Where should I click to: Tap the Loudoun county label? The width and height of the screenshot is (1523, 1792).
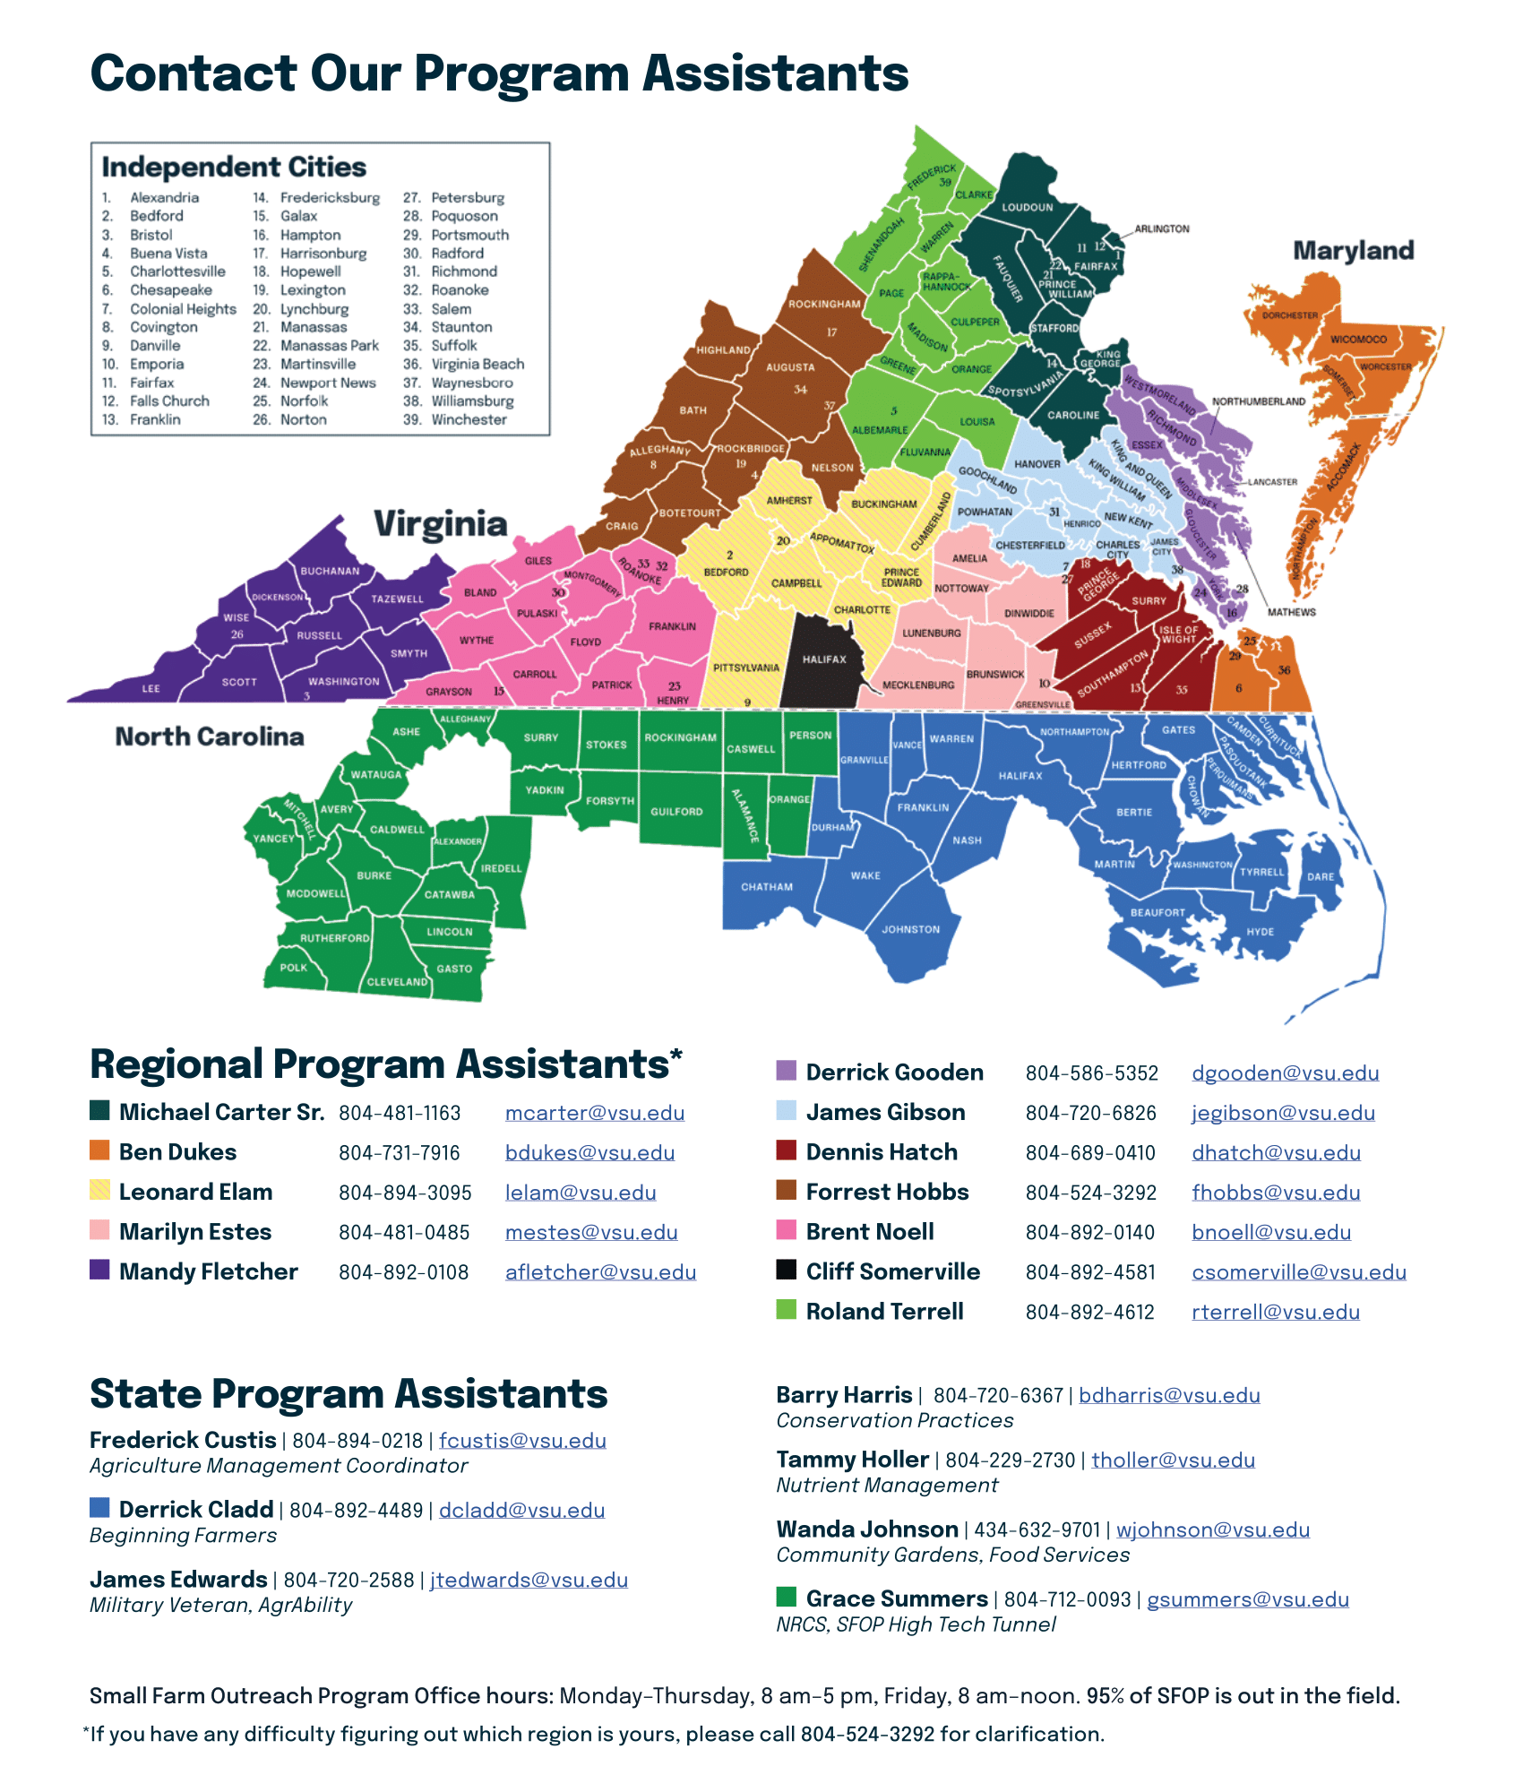click(x=1027, y=207)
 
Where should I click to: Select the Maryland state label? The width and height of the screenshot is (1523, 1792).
click(x=1353, y=251)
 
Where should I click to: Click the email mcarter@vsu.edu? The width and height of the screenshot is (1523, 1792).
click(x=594, y=1113)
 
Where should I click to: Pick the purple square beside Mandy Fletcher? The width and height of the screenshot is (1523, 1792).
click(x=99, y=1270)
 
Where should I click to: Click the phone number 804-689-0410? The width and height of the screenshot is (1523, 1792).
click(x=1090, y=1153)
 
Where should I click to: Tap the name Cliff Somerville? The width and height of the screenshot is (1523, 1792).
click(x=892, y=1271)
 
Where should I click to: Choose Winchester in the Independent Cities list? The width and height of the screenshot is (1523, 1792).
click(x=469, y=419)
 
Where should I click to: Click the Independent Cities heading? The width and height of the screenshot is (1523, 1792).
click(x=234, y=168)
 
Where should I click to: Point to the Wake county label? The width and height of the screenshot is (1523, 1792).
click(x=865, y=875)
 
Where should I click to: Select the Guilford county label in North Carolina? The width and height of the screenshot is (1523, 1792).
click(x=676, y=812)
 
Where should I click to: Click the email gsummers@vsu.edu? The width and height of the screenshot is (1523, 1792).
click(x=1247, y=1599)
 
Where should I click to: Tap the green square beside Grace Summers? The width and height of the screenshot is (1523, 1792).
click(x=787, y=1597)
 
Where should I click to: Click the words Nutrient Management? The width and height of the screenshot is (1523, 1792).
click(x=887, y=1486)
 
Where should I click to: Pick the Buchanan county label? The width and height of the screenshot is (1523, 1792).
click(x=330, y=571)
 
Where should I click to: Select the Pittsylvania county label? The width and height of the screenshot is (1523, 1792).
click(x=746, y=668)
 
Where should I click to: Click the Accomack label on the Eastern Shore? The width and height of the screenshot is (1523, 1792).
click(x=1343, y=468)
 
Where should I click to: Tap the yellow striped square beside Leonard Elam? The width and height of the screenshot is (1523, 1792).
click(x=99, y=1190)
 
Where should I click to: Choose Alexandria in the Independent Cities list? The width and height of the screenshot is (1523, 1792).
click(x=164, y=198)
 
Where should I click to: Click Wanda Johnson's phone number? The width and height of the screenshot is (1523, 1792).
click(x=1037, y=1530)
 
